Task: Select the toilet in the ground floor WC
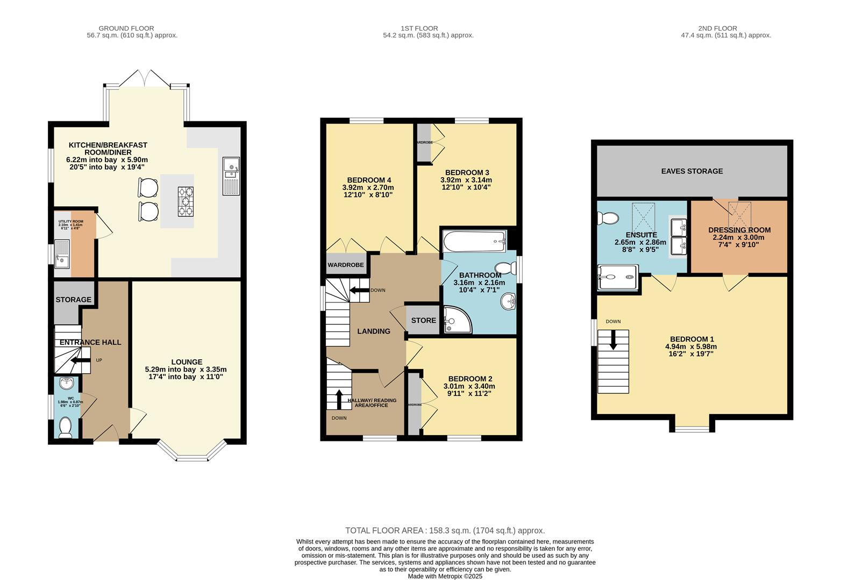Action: [66, 427]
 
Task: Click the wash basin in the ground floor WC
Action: [66, 384]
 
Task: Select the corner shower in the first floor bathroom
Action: [456, 320]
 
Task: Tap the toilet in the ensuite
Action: [608, 218]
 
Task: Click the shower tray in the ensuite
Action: [618, 277]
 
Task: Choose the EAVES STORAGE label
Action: [692, 171]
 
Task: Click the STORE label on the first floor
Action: [423, 321]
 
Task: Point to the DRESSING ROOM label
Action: [739, 230]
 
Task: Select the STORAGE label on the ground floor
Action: [74, 300]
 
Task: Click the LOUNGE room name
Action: [187, 362]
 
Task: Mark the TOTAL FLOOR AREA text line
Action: [445, 531]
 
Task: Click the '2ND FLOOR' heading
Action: [717, 28]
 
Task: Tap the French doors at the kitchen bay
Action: [146, 78]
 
